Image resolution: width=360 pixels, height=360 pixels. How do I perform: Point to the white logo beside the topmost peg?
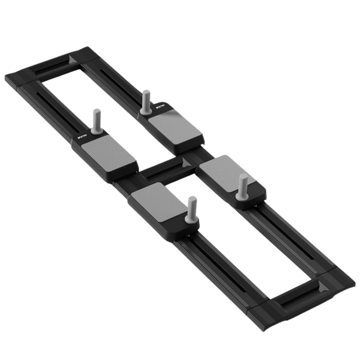(160, 108)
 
